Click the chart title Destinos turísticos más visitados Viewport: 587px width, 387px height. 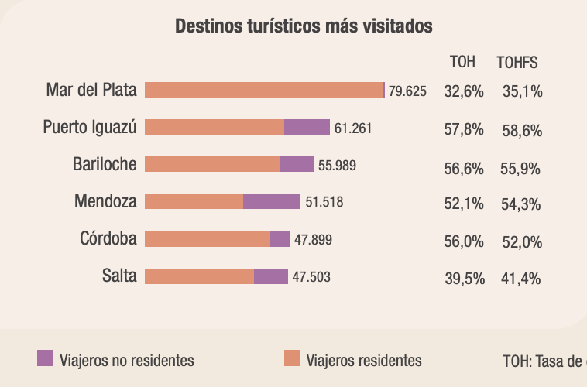tap(304, 26)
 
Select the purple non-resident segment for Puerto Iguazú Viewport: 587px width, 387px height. tap(307, 128)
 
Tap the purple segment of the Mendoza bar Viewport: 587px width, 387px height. tap(272, 201)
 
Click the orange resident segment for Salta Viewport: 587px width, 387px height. tap(199, 276)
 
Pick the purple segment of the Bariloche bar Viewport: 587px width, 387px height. tap(297, 164)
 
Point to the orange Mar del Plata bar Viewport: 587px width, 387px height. tap(264, 90)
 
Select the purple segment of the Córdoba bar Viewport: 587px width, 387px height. tap(280, 239)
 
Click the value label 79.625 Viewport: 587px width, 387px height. tap(407, 91)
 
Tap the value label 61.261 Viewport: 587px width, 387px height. tap(353, 128)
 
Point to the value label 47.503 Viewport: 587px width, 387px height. tap(311, 277)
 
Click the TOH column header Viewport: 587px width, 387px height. tap(462, 62)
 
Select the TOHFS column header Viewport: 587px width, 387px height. tap(517, 62)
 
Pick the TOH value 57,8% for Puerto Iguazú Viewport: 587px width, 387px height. tap(463, 129)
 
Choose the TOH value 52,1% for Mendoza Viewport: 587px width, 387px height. tap(463, 204)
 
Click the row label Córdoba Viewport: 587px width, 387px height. tap(108, 238)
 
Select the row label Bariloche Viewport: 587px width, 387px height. tap(105, 164)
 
